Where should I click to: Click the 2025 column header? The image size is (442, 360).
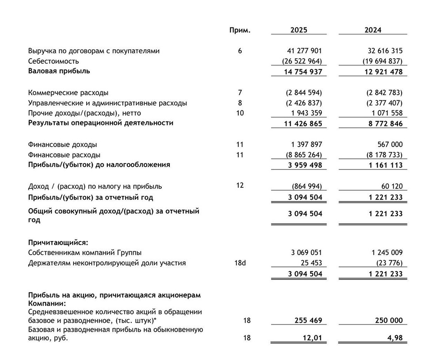(299, 30)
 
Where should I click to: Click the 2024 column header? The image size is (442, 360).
(373, 30)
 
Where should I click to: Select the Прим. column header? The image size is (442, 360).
(240, 30)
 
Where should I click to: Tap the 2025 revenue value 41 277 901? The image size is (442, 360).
(303, 51)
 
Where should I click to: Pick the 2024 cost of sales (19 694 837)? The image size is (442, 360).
(382, 61)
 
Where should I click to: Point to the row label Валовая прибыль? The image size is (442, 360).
(59, 71)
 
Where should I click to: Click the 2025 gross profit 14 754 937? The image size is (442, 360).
(303, 72)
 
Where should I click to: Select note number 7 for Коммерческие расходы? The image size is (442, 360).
(240, 93)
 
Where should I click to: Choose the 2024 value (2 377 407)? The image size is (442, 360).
(382, 103)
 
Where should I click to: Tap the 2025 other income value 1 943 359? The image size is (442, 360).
(305, 113)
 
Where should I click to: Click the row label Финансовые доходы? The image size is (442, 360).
(62, 144)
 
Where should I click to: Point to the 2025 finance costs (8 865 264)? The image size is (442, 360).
(301, 155)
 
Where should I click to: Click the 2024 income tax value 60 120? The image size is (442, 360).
(392, 186)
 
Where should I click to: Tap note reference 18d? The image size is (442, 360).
(240, 263)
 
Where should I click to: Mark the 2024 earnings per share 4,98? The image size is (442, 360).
(394, 339)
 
